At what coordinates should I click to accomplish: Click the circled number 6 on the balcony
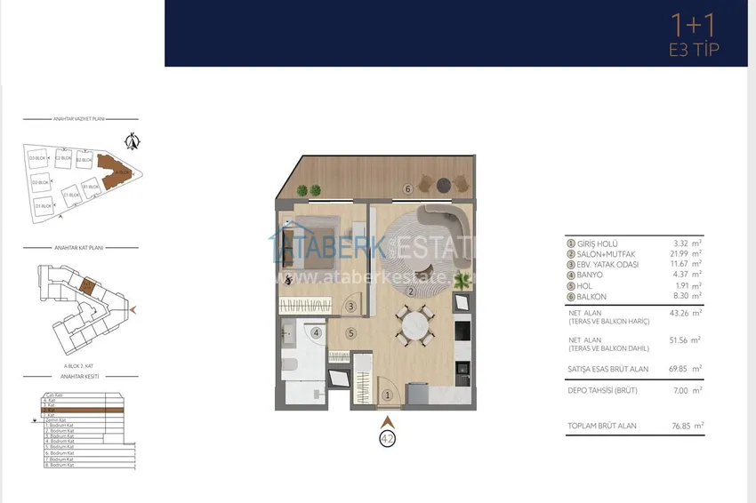[407, 188]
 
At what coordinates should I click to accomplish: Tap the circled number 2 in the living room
[411, 291]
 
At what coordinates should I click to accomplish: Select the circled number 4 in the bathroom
[316, 333]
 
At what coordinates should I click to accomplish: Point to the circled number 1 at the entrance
[387, 395]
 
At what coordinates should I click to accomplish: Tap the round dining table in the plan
[414, 326]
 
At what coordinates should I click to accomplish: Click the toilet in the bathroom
[291, 363]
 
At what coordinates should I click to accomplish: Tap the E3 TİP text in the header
[694, 50]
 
